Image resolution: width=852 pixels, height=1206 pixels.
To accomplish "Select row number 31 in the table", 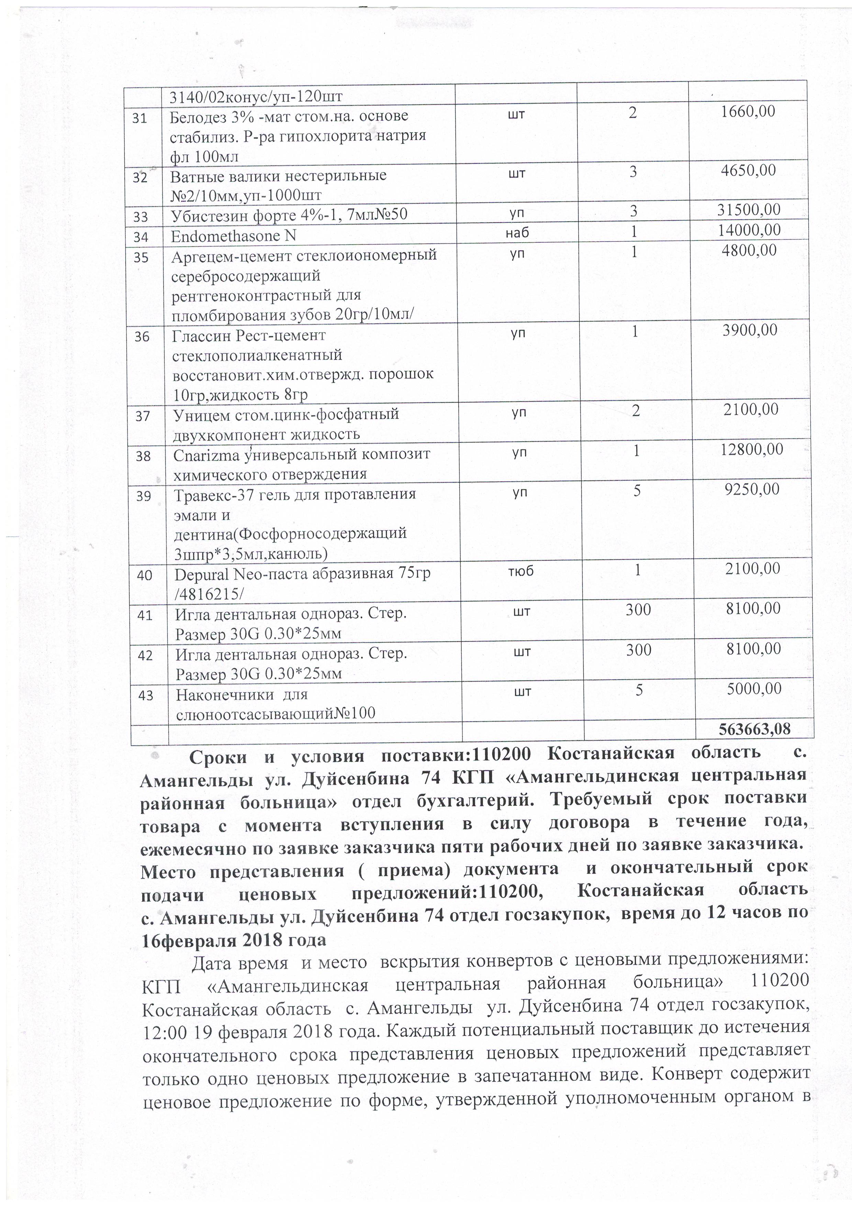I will click(139, 119).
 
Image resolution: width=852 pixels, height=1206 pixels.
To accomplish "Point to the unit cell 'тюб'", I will click(521, 570).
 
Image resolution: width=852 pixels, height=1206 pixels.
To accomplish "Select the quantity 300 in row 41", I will click(638, 609).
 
